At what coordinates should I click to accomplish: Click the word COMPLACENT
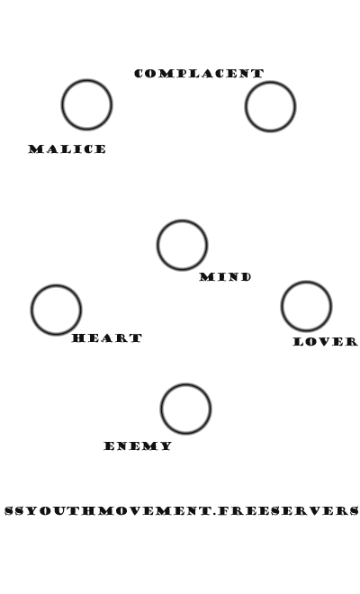pos(199,74)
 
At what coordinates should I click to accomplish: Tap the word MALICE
pos(67,149)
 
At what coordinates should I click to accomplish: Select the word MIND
pos(226,277)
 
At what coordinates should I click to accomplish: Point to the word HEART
pos(107,337)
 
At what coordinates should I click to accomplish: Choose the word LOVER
pos(326,342)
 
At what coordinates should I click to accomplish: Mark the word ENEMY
pos(138,445)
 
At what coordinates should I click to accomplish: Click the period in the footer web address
pos(215,514)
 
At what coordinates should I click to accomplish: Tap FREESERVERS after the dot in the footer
pos(288,510)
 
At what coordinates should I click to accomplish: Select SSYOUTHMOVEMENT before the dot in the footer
pos(108,510)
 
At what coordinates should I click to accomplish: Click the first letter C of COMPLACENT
pos(139,74)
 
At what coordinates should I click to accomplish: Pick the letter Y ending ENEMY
pos(166,445)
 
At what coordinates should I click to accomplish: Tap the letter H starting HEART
pos(78,337)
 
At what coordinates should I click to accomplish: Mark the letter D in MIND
pos(245,277)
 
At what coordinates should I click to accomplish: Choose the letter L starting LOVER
pos(299,342)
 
